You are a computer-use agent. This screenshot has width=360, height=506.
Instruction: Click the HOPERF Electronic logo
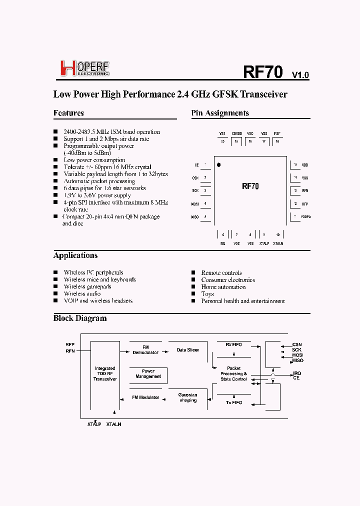84,68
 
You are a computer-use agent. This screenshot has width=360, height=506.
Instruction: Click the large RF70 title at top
263,72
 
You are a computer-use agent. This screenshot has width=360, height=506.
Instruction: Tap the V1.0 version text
300,75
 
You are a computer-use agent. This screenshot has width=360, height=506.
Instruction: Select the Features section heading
68,113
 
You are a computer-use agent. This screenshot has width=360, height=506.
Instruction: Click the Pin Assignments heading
220,113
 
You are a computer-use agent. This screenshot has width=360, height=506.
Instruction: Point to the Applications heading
75,255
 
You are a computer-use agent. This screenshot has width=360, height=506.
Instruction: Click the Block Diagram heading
80,318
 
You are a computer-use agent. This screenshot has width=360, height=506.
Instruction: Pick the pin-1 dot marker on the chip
218,164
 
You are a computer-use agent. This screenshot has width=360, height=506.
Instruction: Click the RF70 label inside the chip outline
250,186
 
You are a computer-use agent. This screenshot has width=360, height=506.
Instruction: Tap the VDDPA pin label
305,217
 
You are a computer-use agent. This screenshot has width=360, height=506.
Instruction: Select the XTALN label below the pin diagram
278,243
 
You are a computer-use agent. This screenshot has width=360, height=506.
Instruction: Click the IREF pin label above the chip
277,134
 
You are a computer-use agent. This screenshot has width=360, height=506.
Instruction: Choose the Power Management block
148,374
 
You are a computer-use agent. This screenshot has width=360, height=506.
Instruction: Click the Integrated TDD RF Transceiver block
105,374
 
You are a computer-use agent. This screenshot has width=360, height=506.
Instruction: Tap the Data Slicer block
188,350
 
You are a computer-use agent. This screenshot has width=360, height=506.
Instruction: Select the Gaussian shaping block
188,397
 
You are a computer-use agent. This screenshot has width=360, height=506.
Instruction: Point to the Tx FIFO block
233,402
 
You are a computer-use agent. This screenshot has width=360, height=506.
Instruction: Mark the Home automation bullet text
223,287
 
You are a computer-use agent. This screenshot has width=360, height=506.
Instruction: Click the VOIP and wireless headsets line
98,301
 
